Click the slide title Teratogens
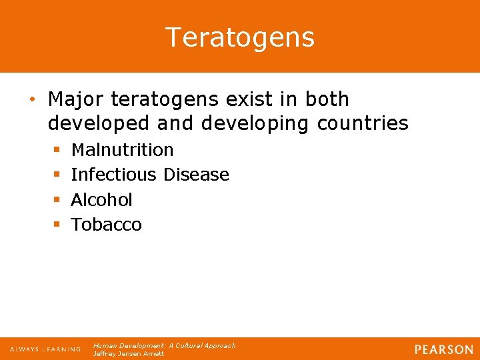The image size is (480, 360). [x=240, y=37]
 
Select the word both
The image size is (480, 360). [x=327, y=99]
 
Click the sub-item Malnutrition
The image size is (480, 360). [x=122, y=150]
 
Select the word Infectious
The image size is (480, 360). [x=115, y=175]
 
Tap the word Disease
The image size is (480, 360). [x=197, y=175]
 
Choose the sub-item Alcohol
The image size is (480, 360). [x=101, y=199]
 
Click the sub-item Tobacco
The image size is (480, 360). [x=106, y=225]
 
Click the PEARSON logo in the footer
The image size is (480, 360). [x=443, y=349]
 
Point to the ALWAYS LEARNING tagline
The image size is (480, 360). [x=45, y=349]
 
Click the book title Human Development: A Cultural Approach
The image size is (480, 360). [x=164, y=345]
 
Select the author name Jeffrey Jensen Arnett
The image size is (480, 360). [x=129, y=353]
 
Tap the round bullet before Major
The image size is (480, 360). [x=32, y=100]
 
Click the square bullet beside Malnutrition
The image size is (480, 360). [x=56, y=151]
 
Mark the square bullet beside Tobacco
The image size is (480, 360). [x=56, y=225]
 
